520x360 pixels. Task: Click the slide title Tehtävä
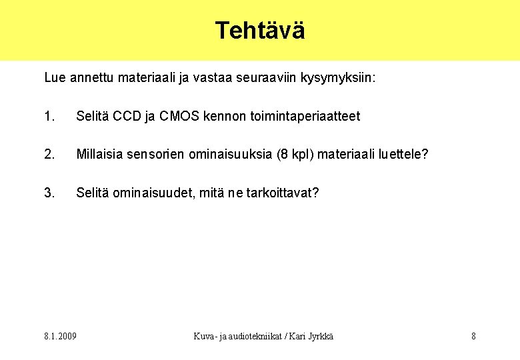coord(260,31)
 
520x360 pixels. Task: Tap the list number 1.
coord(48,117)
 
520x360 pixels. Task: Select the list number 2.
coord(49,155)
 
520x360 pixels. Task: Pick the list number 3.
coord(49,193)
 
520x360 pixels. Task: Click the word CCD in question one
coord(127,117)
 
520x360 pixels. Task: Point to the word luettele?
coord(403,155)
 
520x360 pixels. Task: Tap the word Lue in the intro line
coord(55,78)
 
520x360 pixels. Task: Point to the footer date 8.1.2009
coord(61,336)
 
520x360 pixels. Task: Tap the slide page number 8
coord(473,336)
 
